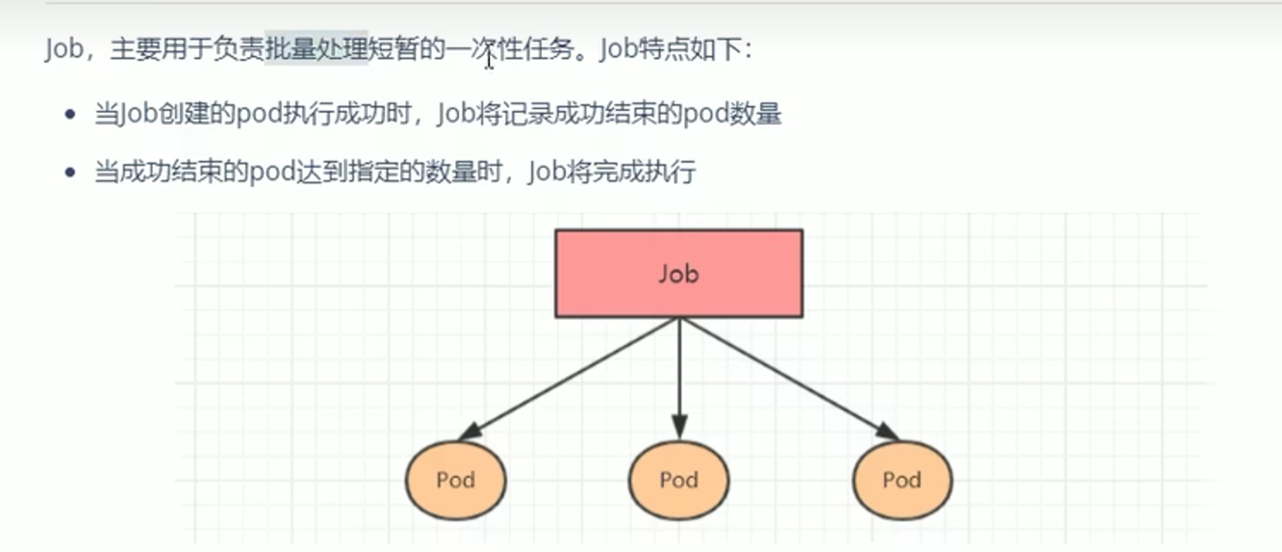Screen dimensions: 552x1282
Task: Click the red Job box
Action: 679,273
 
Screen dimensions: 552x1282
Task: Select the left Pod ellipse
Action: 455,480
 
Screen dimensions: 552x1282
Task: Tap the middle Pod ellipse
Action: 679,480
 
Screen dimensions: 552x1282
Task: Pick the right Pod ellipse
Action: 902,480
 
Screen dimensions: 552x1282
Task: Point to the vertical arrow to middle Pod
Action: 680,370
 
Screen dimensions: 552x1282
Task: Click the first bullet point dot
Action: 71,115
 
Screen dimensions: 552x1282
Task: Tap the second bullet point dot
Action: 71,173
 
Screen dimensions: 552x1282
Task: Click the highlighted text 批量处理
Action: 317,48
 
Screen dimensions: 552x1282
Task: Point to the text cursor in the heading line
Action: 489,58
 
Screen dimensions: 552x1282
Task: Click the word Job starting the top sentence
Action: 63,48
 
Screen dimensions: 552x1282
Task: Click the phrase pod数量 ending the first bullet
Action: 732,115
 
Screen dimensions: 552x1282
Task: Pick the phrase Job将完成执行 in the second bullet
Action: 611,172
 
